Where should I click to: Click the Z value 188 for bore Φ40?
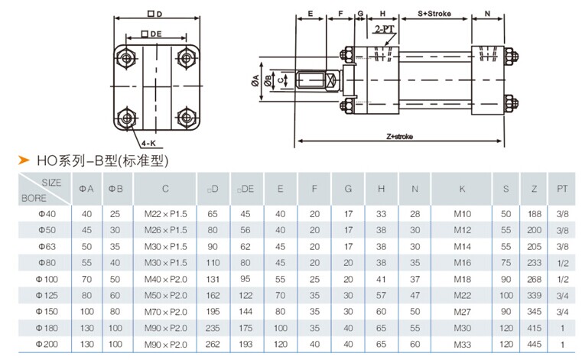click(534, 214)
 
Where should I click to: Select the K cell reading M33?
click(462, 345)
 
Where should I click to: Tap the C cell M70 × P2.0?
click(165, 312)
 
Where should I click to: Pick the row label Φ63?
click(47, 246)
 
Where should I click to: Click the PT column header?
click(562, 189)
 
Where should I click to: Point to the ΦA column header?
click(86, 189)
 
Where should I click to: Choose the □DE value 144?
click(245, 312)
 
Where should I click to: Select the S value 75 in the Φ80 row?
click(506, 263)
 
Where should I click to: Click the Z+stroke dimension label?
click(399, 137)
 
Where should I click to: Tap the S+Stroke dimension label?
click(434, 14)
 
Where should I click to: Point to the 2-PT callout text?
click(384, 29)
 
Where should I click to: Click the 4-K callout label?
click(148, 143)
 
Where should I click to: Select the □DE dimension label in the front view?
click(152, 34)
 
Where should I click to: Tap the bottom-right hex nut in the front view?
click(187, 118)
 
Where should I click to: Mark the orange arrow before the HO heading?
click(24, 160)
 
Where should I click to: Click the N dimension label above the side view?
click(487, 14)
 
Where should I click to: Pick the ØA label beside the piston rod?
click(255, 80)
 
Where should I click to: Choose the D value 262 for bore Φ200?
click(213, 345)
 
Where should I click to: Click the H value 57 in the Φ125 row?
click(381, 296)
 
